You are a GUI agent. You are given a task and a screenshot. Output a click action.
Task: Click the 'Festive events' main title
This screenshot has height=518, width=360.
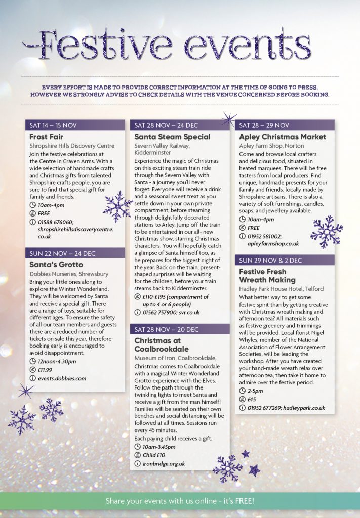[x=179, y=45]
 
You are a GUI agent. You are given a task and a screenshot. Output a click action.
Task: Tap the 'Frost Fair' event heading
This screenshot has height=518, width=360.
[x=47, y=137]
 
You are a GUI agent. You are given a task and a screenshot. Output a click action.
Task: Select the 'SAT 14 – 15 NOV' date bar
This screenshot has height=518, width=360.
[x=75, y=125]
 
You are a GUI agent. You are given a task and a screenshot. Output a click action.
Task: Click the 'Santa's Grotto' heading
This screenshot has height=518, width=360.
[x=56, y=264]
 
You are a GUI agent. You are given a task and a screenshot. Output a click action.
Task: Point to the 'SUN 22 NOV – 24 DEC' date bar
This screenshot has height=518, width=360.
[x=75, y=253]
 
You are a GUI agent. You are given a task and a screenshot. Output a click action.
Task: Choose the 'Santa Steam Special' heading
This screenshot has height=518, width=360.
[x=172, y=137]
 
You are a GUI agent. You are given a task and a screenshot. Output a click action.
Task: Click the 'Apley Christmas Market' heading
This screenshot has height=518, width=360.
[x=283, y=137]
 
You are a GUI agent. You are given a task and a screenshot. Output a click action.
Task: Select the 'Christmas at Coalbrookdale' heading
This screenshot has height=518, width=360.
[x=162, y=345]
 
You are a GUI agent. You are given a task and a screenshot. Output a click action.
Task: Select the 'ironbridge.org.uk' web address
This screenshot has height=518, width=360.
[x=164, y=464]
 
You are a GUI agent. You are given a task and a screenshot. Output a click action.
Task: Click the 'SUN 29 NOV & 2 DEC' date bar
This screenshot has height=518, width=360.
[x=285, y=260]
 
